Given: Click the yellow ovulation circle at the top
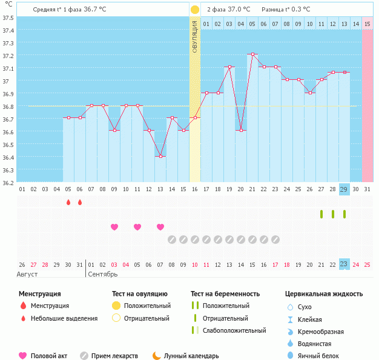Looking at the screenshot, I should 195,10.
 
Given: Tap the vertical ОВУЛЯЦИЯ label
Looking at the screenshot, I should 195,36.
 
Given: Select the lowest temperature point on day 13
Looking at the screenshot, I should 160,156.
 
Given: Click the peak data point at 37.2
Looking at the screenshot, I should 252,54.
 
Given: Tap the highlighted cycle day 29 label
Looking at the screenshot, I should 344,189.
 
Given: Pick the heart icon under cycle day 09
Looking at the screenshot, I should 114,227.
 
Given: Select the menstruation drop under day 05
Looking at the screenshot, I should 68,202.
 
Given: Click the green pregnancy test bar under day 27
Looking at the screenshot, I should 321,214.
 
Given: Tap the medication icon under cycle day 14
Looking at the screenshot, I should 172,239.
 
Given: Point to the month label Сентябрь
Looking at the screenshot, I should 103,274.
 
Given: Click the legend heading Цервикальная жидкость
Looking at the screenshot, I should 324,294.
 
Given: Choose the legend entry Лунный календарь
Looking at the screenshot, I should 195,356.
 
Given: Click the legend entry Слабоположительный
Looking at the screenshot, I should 234,330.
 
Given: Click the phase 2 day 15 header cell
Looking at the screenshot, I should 367,24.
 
